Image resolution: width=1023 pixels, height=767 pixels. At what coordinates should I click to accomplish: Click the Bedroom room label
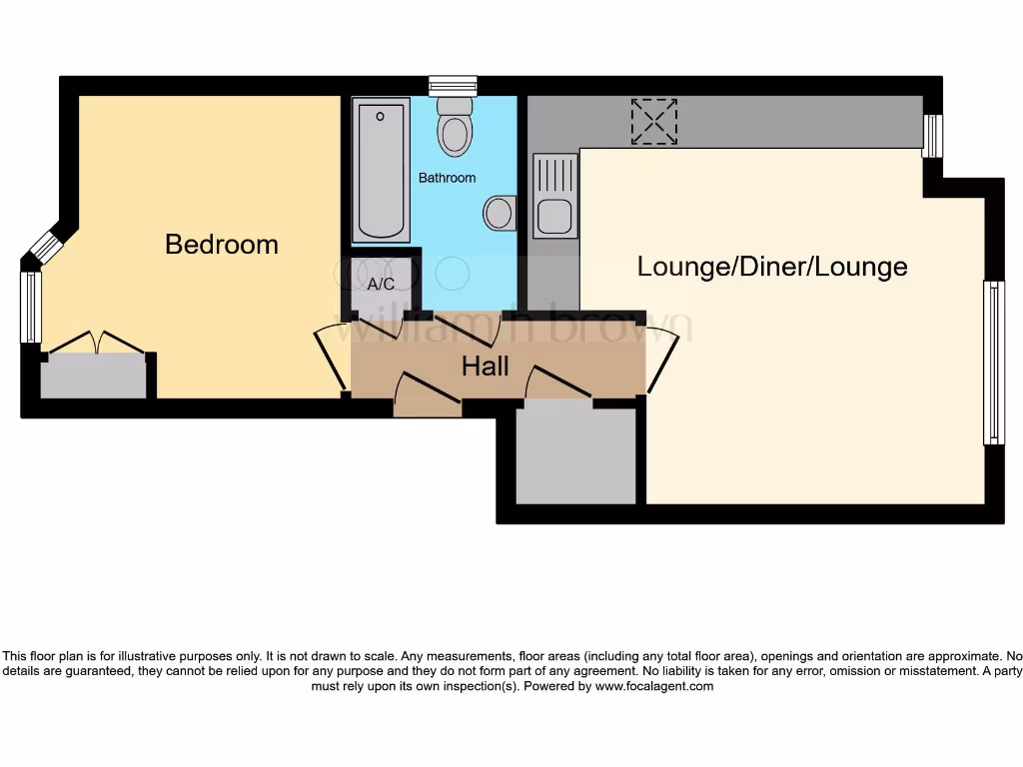click(222, 245)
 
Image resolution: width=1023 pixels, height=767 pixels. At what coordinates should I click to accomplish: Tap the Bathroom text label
click(447, 178)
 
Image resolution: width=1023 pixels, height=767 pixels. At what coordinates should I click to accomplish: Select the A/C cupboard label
click(381, 285)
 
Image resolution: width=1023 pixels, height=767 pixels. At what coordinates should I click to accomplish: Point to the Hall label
click(486, 367)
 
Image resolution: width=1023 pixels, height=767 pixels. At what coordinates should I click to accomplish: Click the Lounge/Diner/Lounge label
click(772, 267)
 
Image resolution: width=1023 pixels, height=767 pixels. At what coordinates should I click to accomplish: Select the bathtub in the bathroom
click(382, 170)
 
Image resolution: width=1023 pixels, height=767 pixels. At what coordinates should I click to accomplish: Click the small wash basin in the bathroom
click(499, 212)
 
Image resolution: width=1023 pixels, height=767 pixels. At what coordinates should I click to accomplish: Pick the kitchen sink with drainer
click(554, 196)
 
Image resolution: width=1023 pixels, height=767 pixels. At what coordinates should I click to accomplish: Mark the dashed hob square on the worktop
click(654, 121)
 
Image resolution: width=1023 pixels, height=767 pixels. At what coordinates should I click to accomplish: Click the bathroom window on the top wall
click(453, 86)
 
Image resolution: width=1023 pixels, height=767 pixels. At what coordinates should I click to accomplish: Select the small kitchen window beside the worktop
click(931, 137)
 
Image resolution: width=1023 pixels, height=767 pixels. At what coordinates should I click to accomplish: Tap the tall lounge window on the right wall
click(993, 363)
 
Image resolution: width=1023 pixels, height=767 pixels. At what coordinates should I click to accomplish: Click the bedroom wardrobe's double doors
click(96, 343)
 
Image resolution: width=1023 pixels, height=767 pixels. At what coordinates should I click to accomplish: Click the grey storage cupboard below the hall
click(576, 454)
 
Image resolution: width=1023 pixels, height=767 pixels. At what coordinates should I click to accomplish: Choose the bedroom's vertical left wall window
click(31, 307)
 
